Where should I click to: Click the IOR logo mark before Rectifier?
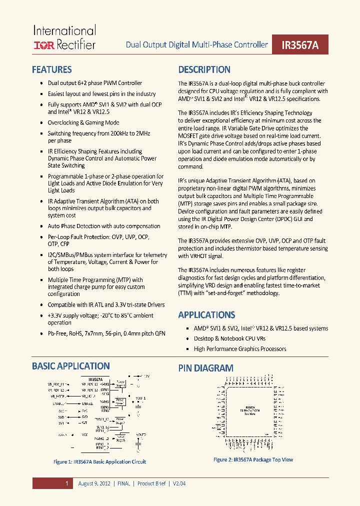(x=44, y=45)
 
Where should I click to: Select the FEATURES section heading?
(x=52, y=69)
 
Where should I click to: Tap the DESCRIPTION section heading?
(x=204, y=69)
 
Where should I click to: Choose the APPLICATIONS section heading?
(x=206, y=314)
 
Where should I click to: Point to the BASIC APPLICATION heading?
(x=71, y=366)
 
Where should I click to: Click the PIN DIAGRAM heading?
(x=205, y=368)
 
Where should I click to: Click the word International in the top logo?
(x=64, y=31)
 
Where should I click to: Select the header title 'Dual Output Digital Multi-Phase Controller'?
(x=196, y=45)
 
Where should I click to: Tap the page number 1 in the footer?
(x=66, y=483)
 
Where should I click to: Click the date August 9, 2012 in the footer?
(x=95, y=483)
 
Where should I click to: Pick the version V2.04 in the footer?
(x=179, y=483)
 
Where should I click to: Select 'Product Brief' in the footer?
(x=152, y=483)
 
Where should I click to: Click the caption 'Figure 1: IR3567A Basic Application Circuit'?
(x=99, y=461)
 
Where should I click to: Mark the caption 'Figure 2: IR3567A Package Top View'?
(x=253, y=459)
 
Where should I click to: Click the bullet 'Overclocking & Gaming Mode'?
(x=83, y=122)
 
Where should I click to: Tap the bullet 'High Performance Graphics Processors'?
(x=240, y=348)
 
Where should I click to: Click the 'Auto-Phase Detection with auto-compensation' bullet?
(x=104, y=226)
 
